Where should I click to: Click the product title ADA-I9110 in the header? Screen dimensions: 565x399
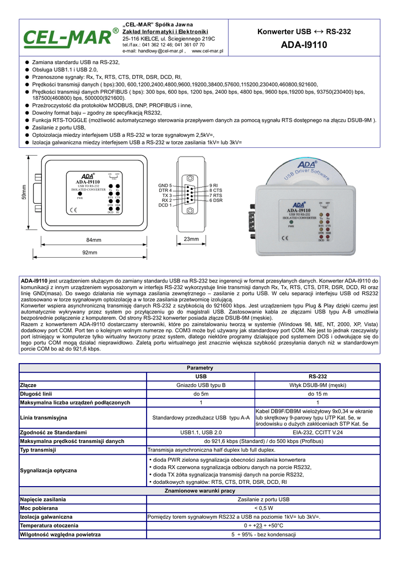[x=304, y=45]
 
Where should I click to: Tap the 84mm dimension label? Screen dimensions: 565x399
[x=94, y=240]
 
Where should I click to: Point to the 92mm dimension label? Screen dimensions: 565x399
[x=90, y=252]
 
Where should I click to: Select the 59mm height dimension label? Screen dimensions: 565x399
[x=24, y=192]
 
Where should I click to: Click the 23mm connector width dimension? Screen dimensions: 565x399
[x=191, y=239]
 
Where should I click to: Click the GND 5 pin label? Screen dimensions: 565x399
[x=165, y=185]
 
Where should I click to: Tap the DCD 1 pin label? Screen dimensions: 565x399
[x=165, y=205]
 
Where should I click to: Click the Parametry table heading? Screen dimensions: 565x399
[x=199, y=367]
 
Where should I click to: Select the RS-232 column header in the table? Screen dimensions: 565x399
[x=317, y=376]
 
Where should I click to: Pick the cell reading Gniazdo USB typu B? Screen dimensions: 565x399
[x=201, y=385]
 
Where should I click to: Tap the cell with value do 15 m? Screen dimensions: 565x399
[x=317, y=394]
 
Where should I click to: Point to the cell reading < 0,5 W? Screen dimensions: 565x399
[x=263, y=508]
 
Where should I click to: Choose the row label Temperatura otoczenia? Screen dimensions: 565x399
[x=49, y=525]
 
